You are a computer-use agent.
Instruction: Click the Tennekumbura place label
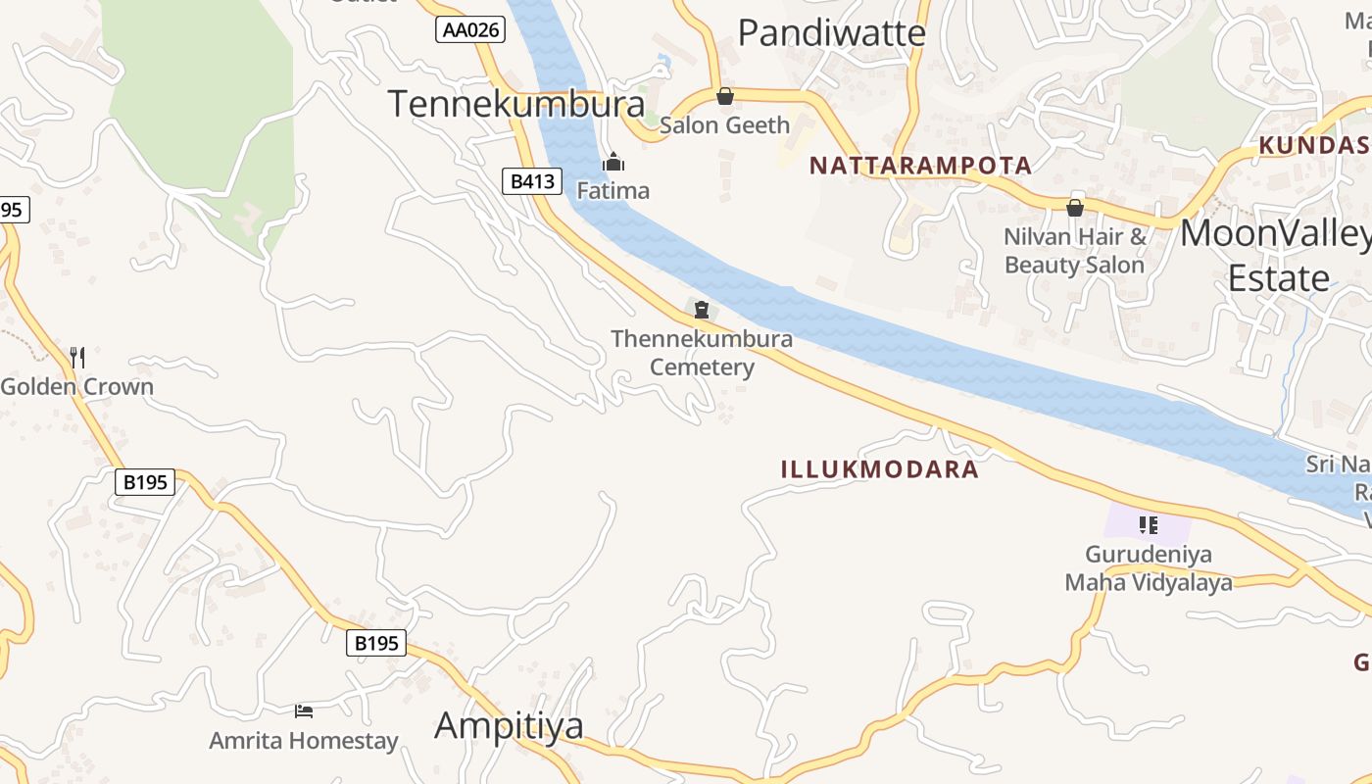516,103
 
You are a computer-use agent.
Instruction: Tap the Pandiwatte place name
831,33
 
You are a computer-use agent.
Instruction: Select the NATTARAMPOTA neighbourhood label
920,166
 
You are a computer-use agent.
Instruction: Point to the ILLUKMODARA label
879,469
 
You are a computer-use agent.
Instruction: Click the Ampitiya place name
509,725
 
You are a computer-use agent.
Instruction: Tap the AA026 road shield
470,30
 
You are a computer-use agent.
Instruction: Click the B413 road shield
533,180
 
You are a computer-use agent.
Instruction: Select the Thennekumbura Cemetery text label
702,353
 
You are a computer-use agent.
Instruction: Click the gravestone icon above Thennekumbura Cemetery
702,311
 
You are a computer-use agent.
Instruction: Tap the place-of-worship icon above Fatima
613,162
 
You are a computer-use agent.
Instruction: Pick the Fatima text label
612,190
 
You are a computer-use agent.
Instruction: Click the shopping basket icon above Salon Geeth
725,96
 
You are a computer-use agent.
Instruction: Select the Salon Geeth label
724,125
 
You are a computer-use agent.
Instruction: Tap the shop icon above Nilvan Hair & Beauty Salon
1075,208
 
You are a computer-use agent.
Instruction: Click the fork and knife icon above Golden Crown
77,357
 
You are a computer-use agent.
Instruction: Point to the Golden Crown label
77,386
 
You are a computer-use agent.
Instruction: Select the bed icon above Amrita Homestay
304,710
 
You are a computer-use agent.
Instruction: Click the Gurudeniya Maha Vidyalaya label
1149,568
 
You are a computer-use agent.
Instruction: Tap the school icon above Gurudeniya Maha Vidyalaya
1149,525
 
